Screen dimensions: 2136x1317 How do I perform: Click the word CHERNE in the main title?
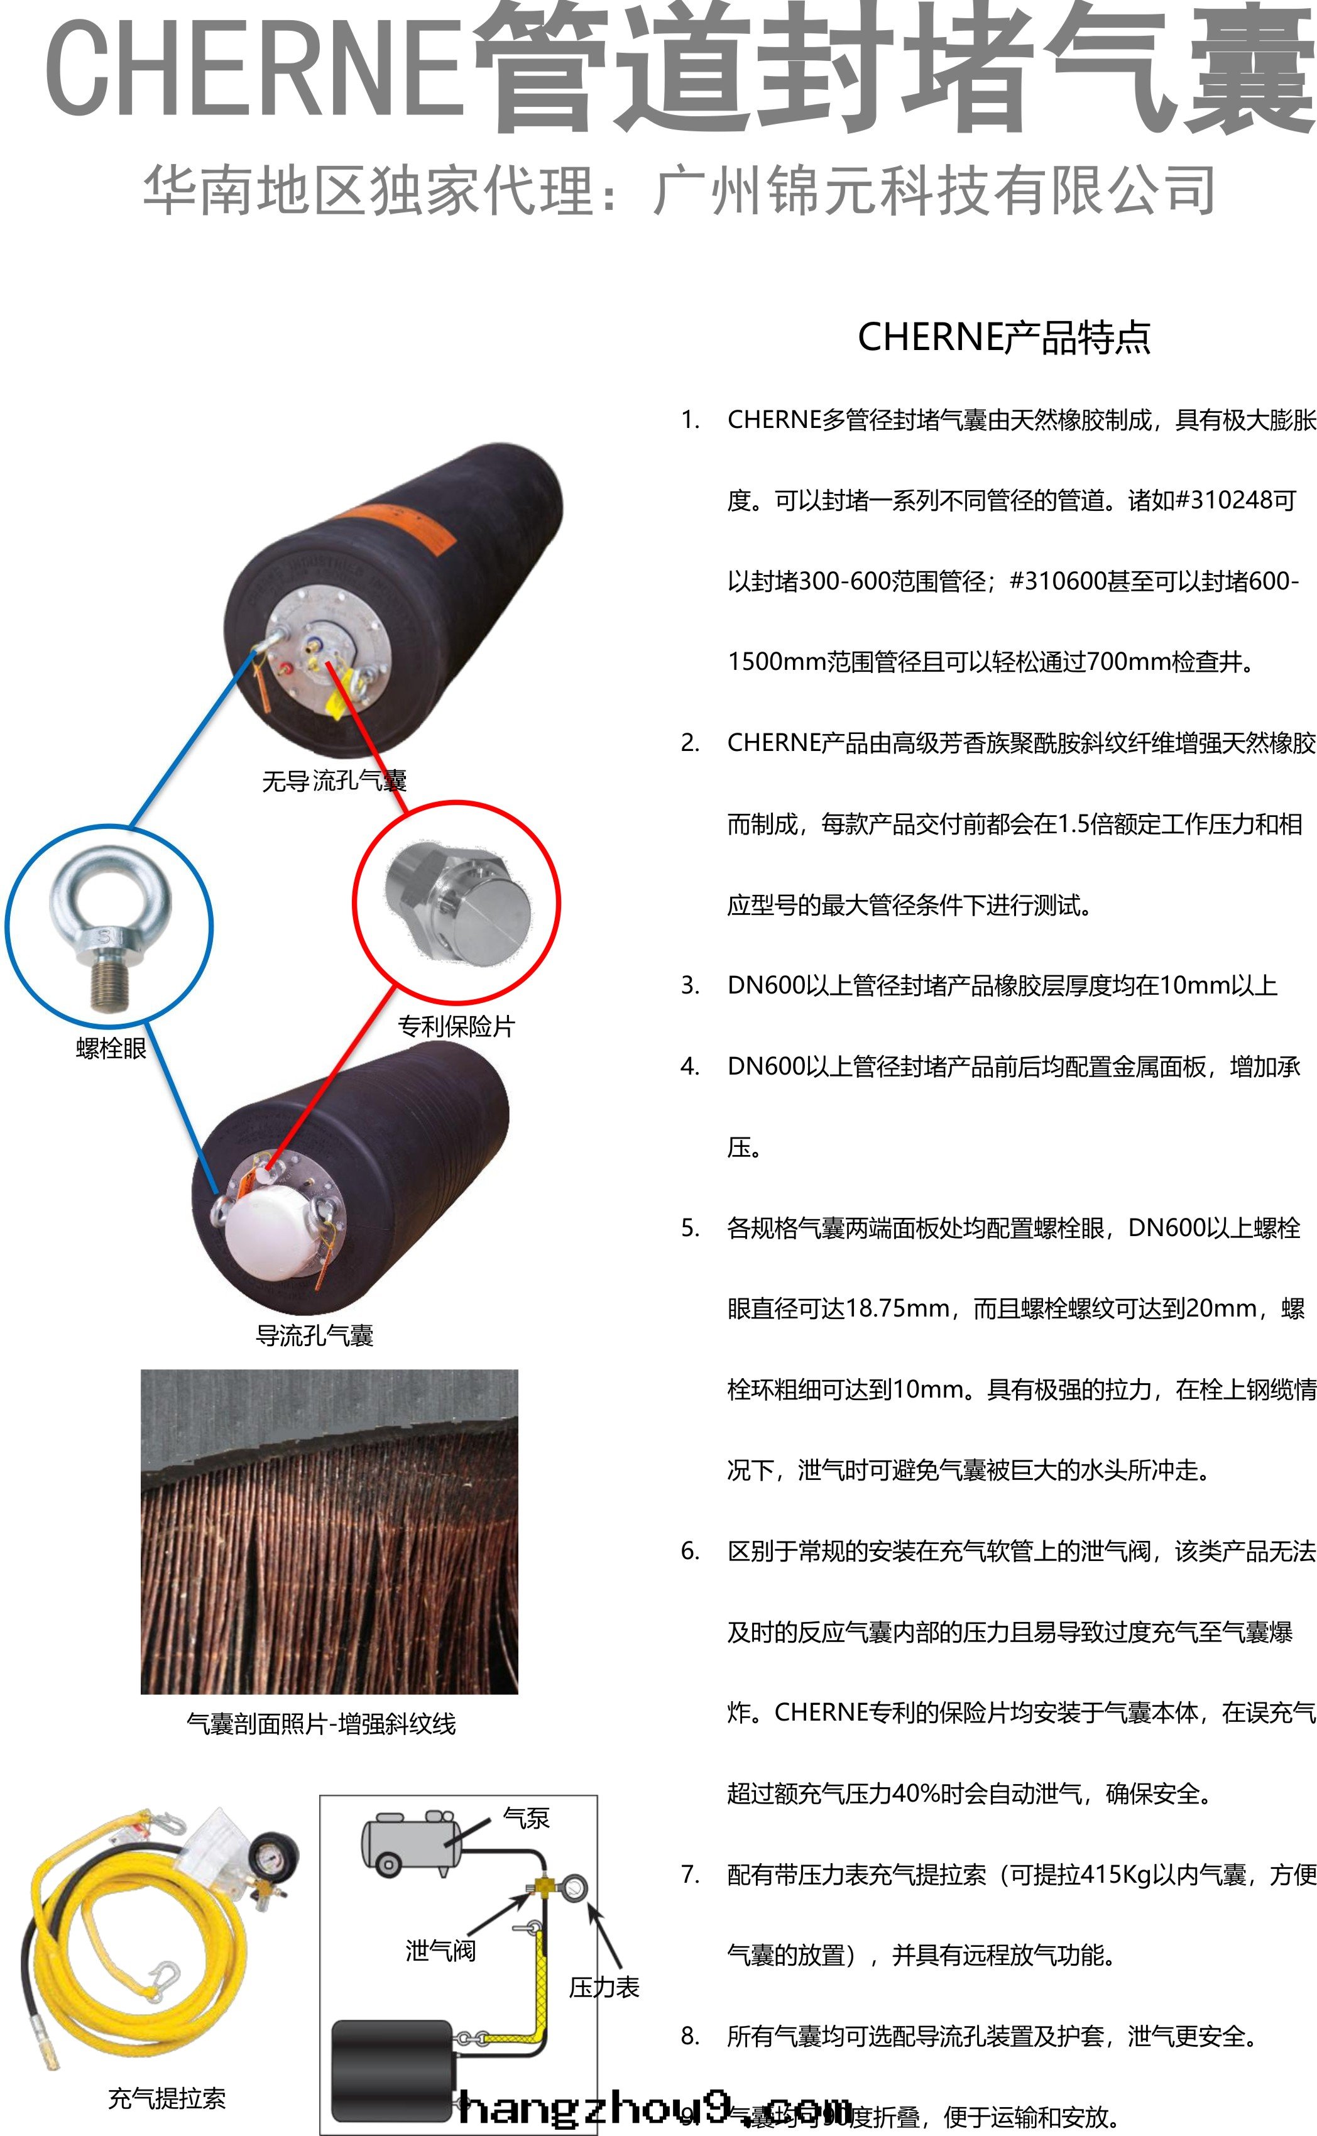253,70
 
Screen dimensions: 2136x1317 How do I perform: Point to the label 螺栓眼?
111,1049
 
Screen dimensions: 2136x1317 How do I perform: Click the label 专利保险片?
456,1026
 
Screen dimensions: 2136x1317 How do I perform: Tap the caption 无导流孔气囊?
334,780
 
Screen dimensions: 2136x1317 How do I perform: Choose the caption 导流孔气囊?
314,1335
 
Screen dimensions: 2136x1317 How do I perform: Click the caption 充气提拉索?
167,2098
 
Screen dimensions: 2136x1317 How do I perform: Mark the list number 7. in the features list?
690,1874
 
